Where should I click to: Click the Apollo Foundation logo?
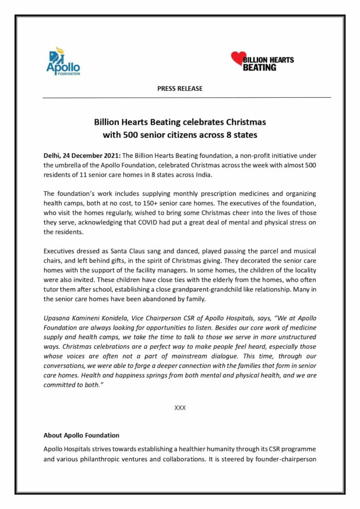click(x=63, y=61)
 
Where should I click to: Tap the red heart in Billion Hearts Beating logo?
click(x=238, y=59)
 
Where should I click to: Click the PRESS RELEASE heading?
click(x=180, y=88)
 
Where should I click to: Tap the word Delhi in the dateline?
click(x=52, y=156)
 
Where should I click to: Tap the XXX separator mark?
click(x=180, y=407)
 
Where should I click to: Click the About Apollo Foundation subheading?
click(x=82, y=435)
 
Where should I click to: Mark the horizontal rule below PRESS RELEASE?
click(x=186, y=97)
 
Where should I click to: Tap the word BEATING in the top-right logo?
click(x=259, y=67)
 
